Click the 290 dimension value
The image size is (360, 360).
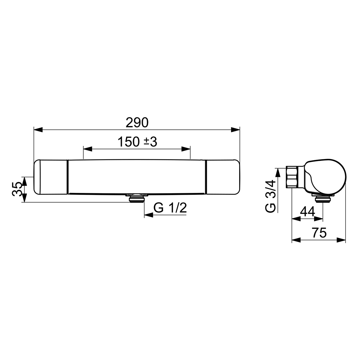[x=137, y=123]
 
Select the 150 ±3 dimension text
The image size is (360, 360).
[x=137, y=142]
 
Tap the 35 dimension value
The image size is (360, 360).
[x=17, y=189]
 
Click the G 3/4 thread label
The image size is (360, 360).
[x=270, y=196]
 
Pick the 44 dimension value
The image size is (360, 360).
[x=307, y=212]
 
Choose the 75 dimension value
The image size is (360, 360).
[x=319, y=233]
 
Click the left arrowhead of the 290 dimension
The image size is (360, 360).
[x=38, y=130]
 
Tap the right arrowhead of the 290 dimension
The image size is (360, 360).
[x=235, y=130]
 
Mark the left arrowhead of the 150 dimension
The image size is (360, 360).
[x=88, y=149]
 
